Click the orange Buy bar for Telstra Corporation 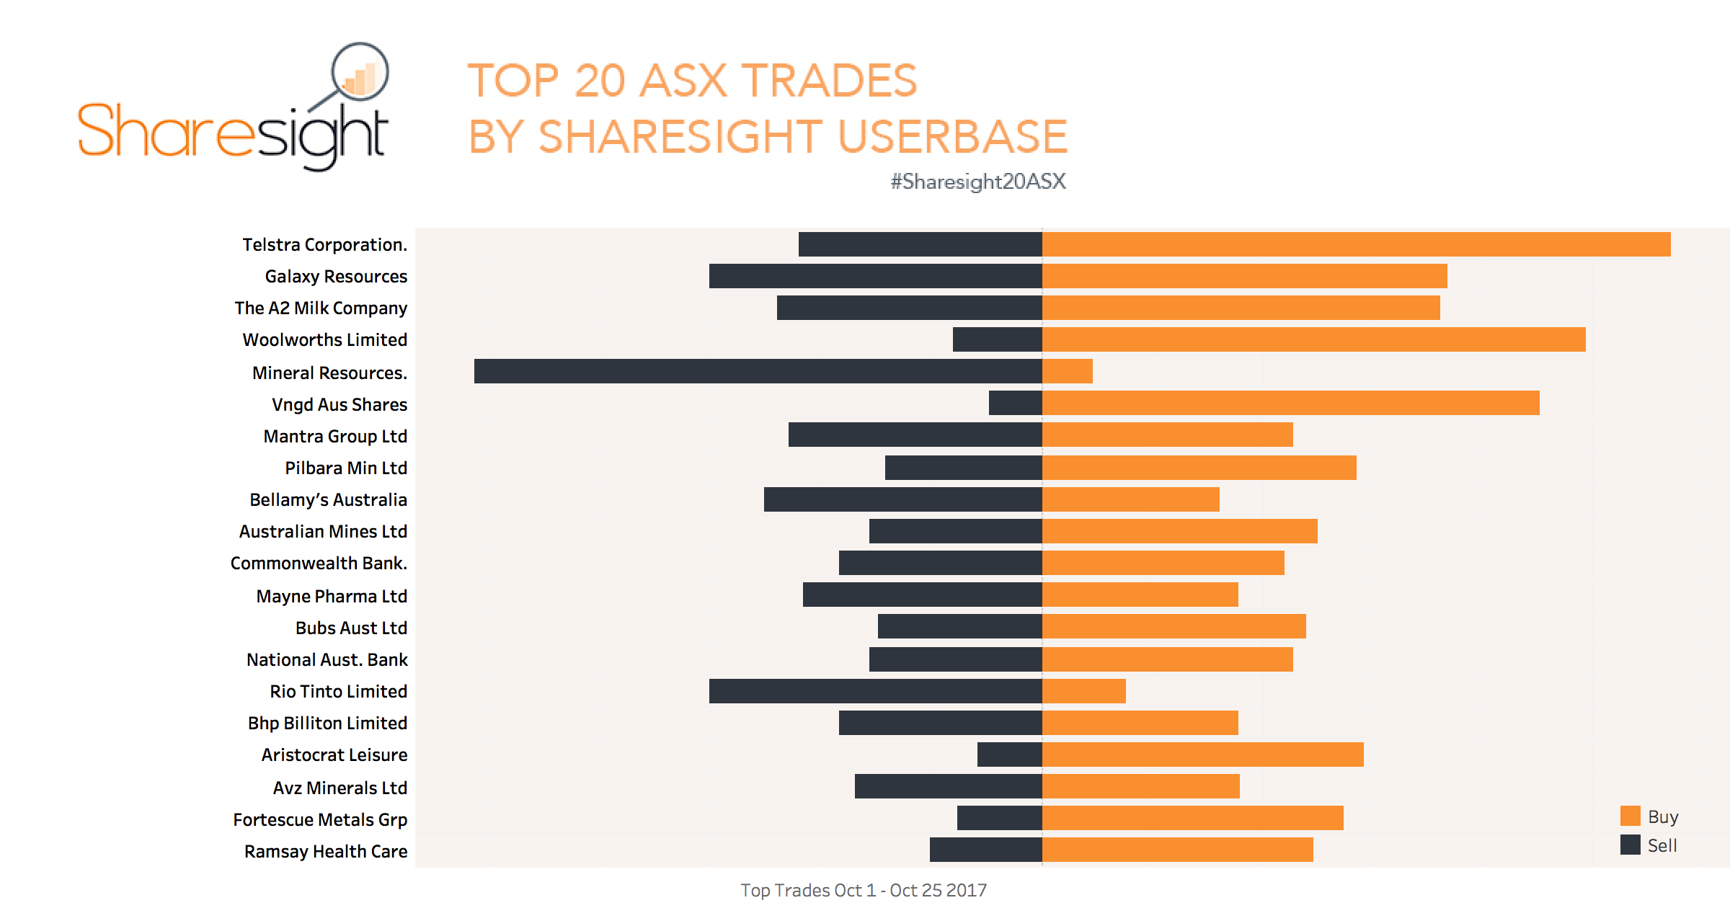point(1355,244)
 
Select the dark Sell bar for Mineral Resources point(757,371)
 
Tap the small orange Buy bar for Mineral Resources point(1068,371)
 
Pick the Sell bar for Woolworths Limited point(997,339)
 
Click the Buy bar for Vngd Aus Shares point(1290,403)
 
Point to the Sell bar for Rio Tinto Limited point(875,691)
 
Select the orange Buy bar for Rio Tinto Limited point(1084,691)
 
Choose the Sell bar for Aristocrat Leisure point(1009,755)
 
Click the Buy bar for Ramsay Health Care point(1178,850)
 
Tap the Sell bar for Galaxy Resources point(875,276)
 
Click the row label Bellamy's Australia point(328,499)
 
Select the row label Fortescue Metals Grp point(320,819)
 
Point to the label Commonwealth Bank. point(319,563)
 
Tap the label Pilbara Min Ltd point(346,468)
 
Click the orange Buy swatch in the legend point(1630,816)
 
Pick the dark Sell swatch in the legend point(1630,845)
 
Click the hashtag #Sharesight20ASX point(977,181)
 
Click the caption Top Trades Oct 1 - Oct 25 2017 point(864,890)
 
